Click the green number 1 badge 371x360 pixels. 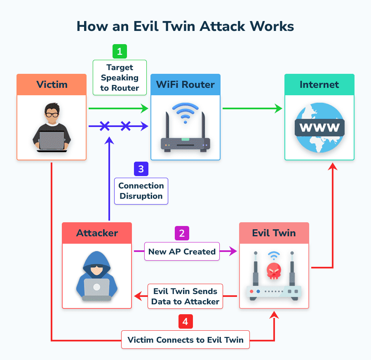coord(120,52)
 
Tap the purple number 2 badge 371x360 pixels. coord(182,233)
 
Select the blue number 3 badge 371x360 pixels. coord(141,169)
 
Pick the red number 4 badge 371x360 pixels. coord(185,322)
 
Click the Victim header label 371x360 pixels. coord(52,85)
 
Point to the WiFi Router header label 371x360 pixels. coord(185,85)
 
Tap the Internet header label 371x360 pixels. coord(319,85)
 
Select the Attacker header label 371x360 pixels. coord(97,233)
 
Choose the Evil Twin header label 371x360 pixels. coord(274,233)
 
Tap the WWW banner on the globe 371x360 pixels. coord(319,127)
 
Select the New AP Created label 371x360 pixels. coord(182,252)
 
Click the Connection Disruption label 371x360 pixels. coord(141,191)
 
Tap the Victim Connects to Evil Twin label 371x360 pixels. coord(185,340)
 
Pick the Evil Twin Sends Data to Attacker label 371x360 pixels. coord(185,296)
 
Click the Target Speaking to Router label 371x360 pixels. coord(120,77)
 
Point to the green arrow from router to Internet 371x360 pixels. coord(252,109)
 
